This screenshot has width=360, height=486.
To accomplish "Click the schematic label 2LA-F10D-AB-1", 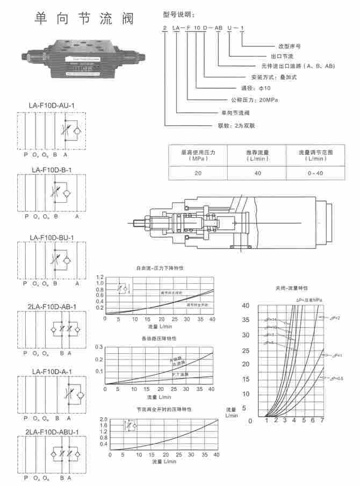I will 52,306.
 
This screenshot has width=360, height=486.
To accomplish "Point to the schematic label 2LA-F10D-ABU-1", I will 52,432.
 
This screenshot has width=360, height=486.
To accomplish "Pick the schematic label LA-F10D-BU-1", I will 52,237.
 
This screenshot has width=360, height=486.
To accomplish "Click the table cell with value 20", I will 198,173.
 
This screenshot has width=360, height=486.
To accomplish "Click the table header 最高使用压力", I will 198,152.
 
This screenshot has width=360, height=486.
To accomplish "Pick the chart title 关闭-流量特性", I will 291,288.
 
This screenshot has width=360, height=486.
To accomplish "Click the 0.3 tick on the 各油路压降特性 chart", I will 99,347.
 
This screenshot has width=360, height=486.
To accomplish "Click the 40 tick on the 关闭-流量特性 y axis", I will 246,305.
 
